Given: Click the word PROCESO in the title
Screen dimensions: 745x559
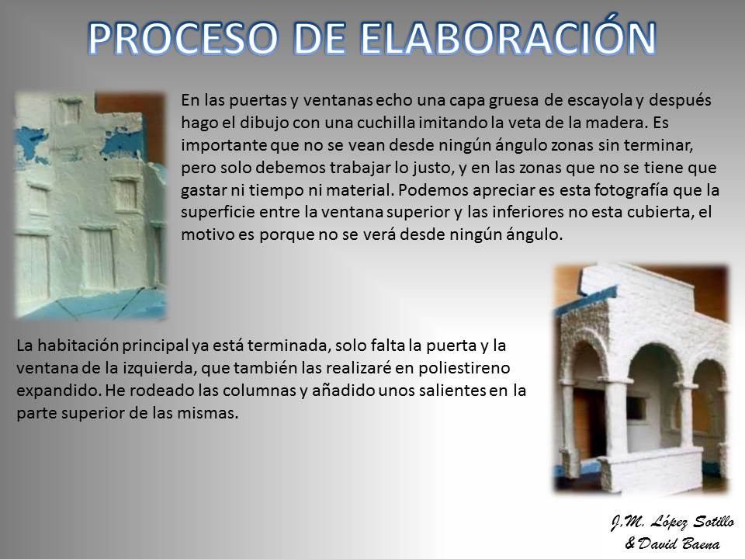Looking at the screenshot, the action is click(183, 37).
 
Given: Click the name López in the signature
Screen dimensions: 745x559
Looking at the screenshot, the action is click(668, 522).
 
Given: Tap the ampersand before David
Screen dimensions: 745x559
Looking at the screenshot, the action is click(630, 543).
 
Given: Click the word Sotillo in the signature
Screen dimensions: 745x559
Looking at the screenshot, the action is click(714, 522).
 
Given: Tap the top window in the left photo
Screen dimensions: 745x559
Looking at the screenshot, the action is click(69, 112).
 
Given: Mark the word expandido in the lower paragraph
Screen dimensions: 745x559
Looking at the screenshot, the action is click(58, 391).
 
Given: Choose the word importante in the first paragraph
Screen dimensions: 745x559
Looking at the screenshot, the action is click(223, 145).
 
